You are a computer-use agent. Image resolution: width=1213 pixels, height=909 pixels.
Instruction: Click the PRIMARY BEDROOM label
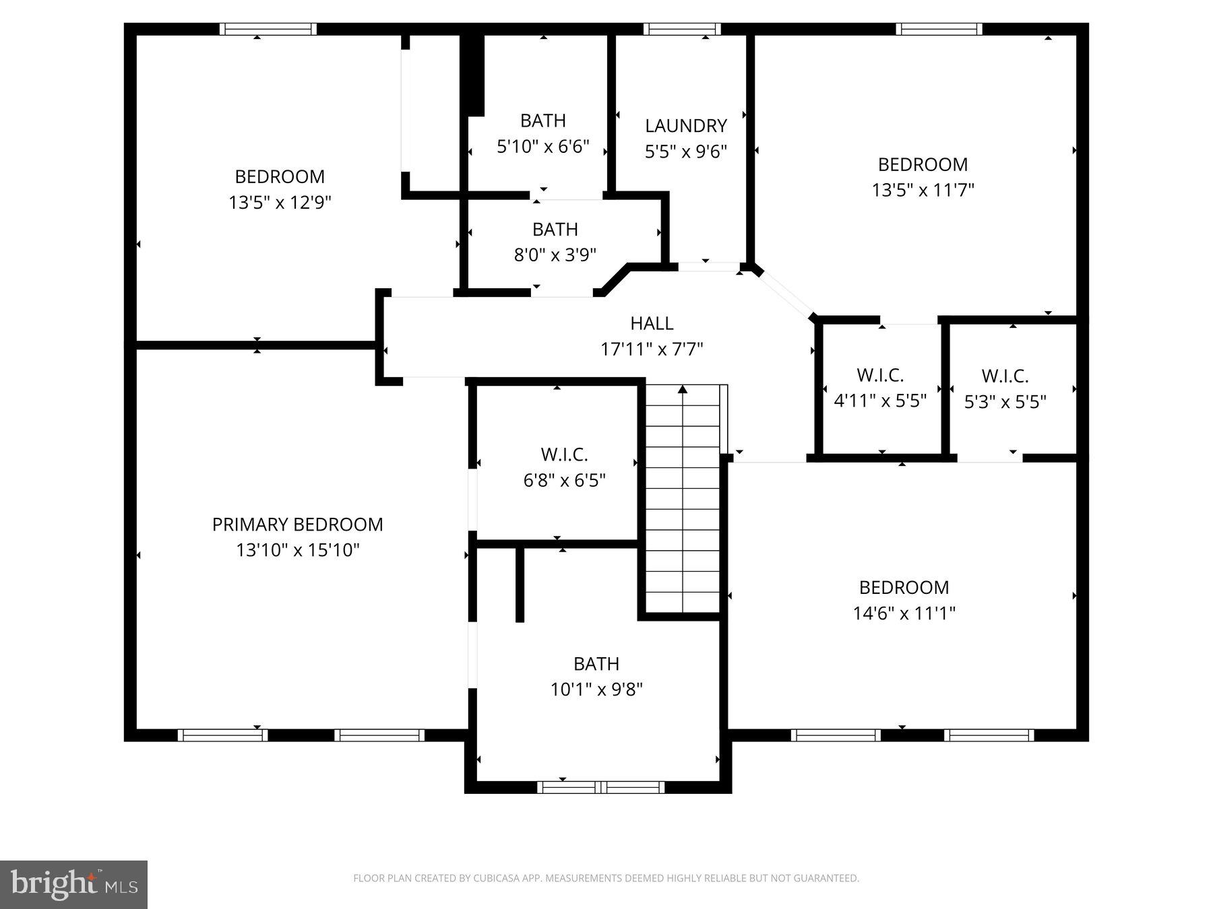[x=297, y=525]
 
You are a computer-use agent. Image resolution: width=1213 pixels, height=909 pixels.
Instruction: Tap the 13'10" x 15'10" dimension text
[x=297, y=550]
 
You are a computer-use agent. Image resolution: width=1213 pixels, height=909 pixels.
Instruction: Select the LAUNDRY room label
[x=685, y=126]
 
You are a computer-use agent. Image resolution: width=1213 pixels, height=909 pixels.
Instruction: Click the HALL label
[x=652, y=323]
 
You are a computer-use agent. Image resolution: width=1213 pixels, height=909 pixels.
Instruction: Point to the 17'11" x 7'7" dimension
[x=652, y=349]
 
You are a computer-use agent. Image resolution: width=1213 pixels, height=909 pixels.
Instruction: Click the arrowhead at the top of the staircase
[x=683, y=389]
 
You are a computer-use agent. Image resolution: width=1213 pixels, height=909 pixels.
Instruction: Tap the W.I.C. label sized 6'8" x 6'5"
[x=564, y=454]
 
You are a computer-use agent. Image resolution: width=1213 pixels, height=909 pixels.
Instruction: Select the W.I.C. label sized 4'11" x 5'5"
[x=879, y=375]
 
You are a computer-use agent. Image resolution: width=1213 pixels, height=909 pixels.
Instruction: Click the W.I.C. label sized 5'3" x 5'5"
[x=1005, y=376]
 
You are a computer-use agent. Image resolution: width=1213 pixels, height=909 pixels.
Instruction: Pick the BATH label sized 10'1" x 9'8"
[x=596, y=664]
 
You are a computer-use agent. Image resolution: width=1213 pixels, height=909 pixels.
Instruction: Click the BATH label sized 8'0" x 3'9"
[x=555, y=230]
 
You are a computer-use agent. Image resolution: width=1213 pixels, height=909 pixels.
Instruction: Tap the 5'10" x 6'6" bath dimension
[x=543, y=146]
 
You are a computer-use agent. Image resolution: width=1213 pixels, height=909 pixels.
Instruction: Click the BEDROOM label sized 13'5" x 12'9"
[x=280, y=176]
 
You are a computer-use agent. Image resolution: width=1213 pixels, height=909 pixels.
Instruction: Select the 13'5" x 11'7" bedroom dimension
[x=923, y=190]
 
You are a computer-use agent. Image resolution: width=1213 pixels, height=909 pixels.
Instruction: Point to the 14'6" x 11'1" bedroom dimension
[x=904, y=613]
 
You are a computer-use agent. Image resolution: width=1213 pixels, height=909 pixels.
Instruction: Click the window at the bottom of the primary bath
[x=600, y=787]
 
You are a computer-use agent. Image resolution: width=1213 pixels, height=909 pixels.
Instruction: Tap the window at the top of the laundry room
[x=681, y=29]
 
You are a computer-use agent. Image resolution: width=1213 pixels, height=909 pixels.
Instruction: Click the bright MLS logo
[x=73, y=884]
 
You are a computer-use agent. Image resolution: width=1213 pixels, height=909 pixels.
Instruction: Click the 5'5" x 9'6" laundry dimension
[x=685, y=151]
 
